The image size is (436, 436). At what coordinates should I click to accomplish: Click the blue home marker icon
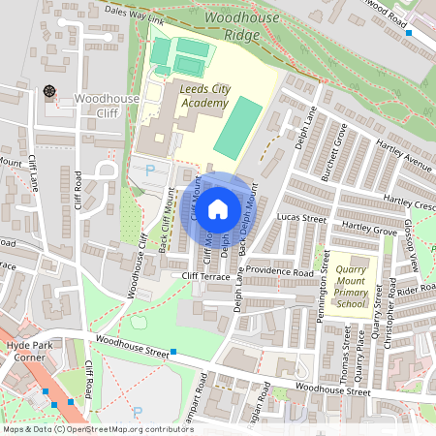218,207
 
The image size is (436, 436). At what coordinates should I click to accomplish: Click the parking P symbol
149,170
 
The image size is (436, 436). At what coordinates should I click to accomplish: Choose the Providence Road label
278,272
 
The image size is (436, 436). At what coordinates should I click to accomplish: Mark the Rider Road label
415,288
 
